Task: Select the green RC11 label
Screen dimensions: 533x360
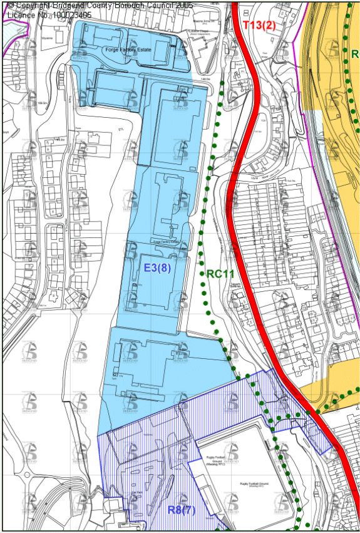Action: pos(219,274)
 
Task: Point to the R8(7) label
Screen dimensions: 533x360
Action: pos(182,510)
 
